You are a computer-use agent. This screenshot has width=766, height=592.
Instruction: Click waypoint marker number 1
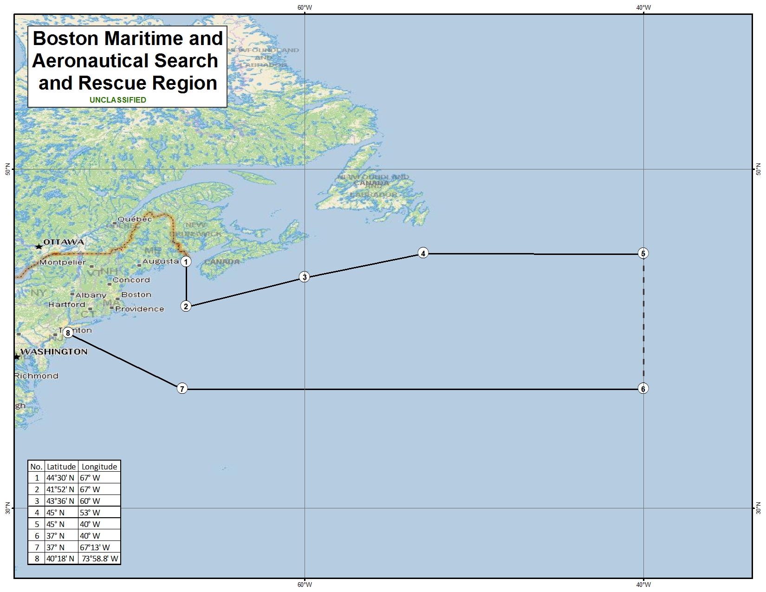pos(186,262)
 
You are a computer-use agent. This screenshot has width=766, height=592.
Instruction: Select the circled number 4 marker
pos(423,253)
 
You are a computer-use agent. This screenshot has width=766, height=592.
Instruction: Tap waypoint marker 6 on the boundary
pos(643,389)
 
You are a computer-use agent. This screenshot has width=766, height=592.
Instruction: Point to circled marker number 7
pos(182,389)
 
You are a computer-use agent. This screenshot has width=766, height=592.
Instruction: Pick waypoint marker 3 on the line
pos(304,277)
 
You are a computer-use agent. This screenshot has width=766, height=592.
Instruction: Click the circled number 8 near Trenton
pos(68,332)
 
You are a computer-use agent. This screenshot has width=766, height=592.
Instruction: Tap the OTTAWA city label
pos(64,242)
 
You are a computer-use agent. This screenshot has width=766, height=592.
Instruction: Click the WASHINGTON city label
pos(54,351)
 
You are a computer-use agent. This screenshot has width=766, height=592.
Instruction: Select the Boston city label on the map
pos(136,295)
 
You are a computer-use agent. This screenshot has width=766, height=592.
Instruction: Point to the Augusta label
pos(160,261)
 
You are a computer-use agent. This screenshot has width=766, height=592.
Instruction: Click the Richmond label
pos(36,376)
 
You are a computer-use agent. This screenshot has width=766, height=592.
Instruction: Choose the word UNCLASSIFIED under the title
pos(118,100)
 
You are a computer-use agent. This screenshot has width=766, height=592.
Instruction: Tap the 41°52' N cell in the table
pos(60,489)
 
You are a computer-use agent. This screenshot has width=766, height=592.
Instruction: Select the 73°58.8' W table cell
pos(100,559)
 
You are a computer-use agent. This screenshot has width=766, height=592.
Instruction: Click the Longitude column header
pos(99,467)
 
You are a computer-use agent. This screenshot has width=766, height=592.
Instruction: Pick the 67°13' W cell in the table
pos(95,547)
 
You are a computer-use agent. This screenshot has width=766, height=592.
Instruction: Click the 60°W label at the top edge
pos(305,7)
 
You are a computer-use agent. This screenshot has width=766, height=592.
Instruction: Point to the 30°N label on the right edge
pos(758,508)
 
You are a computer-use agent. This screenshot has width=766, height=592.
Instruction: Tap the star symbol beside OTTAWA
pos(39,246)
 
